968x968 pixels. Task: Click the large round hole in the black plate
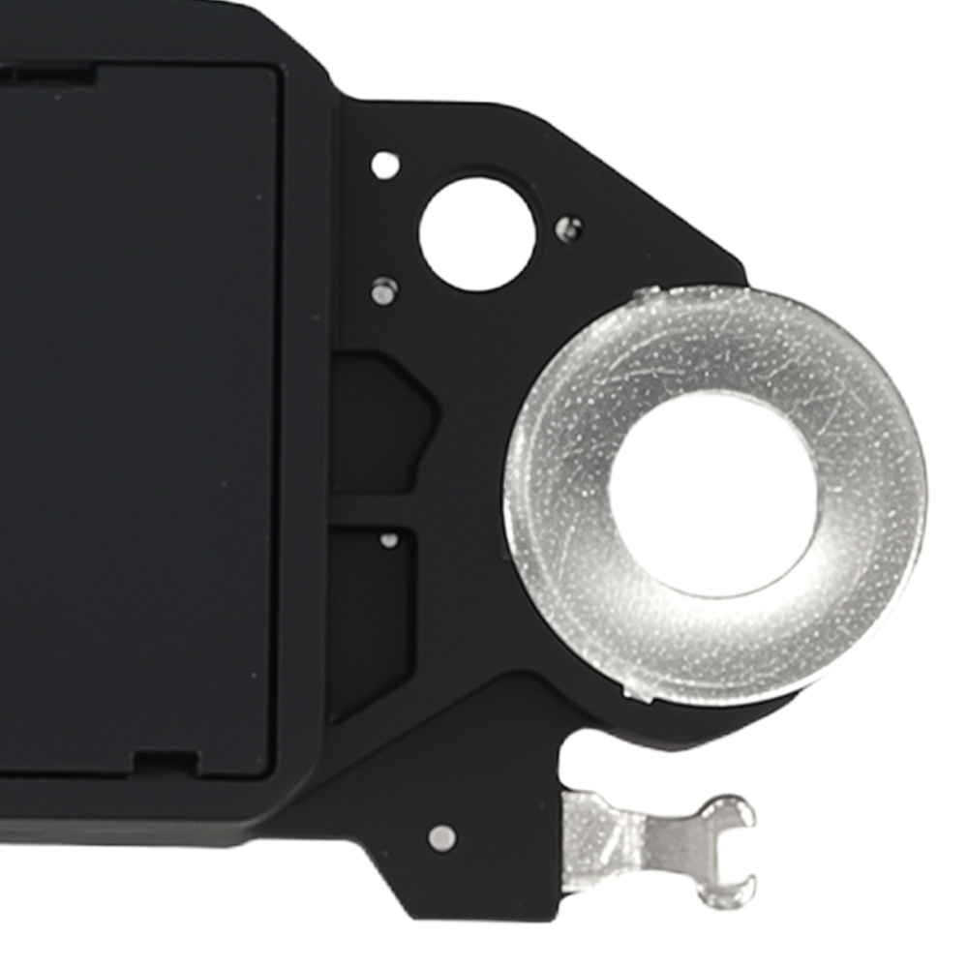[477, 232]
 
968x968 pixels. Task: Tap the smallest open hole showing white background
[385, 165]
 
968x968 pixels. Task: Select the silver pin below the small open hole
[384, 289]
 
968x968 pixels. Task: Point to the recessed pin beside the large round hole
[569, 228]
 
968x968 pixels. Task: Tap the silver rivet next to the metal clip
[441, 837]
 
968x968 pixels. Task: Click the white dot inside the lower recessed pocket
[389, 540]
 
